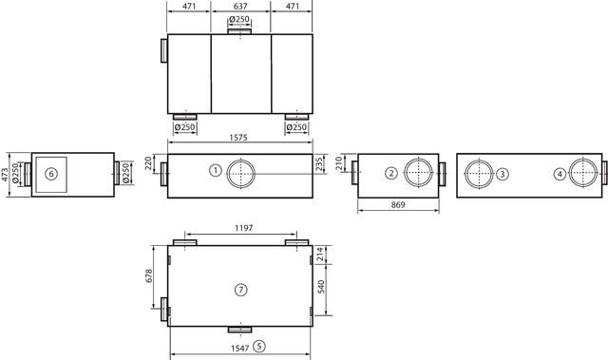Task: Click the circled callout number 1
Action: tap(216, 170)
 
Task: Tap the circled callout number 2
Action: tap(391, 173)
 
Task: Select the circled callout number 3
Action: tap(503, 174)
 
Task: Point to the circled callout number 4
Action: tap(560, 175)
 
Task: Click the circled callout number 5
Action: tap(259, 346)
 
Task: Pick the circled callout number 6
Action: tap(50, 174)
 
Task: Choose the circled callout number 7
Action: tap(240, 290)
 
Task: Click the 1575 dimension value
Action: tap(238, 137)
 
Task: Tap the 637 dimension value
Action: tap(240, 6)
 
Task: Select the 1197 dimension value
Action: tap(243, 228)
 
